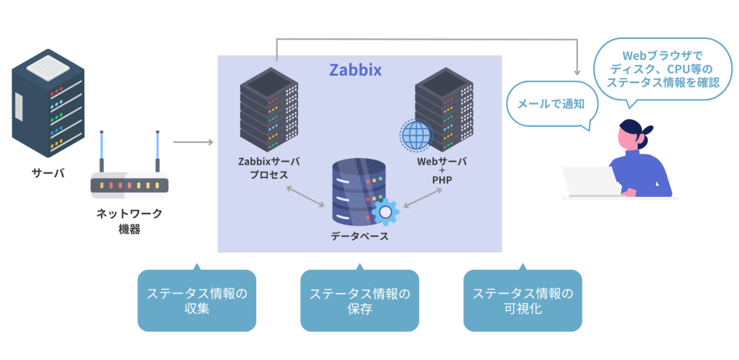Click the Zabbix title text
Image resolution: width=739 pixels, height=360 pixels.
(x=355, y=70)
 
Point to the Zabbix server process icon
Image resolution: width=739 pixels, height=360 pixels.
(x=269, y=108)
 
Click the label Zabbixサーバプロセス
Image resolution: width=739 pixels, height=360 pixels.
(x=269, y=168)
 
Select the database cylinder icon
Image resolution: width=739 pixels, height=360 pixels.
(x=359, y=191)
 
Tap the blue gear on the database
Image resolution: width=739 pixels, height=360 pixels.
(x=385, y=211)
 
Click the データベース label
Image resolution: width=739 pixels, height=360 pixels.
(x=359, y=236)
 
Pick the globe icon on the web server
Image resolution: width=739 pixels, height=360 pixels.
(x=416, y=135)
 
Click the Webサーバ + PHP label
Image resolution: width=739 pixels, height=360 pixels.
(x=442, y=170)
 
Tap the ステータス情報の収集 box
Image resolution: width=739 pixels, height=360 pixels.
(x=196, y=301)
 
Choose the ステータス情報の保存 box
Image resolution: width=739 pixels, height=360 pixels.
(x=359, y=301)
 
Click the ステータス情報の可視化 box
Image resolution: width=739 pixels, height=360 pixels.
(x=522, y=301)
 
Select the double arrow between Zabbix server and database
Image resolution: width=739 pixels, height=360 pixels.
(x=305, y=196)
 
